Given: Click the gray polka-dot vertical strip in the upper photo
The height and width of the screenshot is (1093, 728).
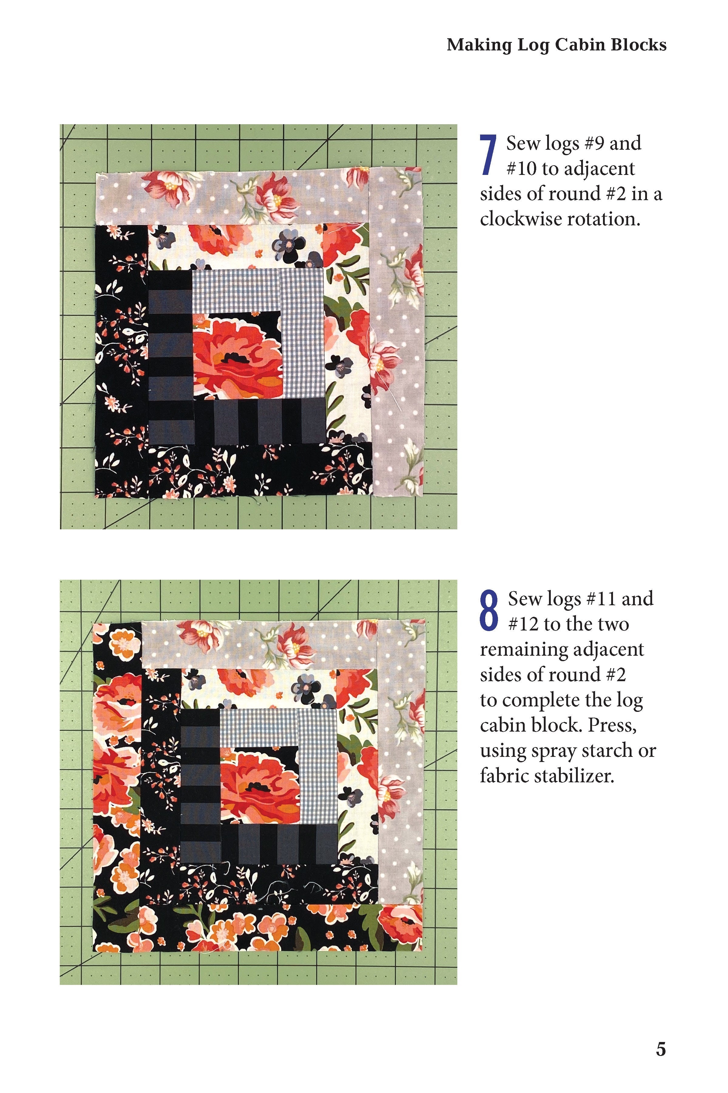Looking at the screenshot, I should (x=398, y=334).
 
